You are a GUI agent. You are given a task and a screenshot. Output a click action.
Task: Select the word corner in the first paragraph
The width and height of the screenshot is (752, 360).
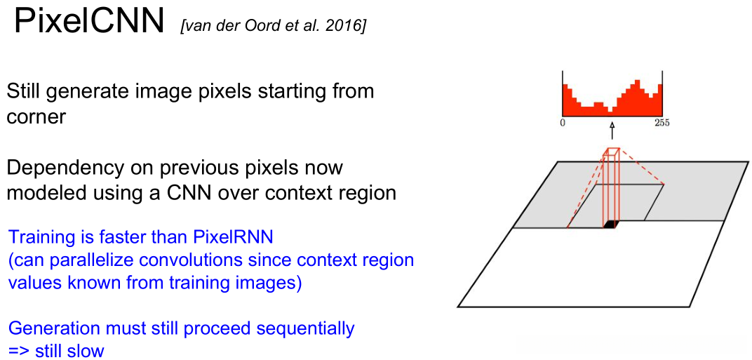[36, 116]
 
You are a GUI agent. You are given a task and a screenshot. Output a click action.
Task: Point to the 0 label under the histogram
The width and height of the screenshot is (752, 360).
[563, 123]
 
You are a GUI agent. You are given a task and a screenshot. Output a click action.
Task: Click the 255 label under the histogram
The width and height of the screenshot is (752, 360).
[662, 123]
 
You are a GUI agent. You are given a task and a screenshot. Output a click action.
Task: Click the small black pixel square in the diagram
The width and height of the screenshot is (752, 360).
[611, 225]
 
